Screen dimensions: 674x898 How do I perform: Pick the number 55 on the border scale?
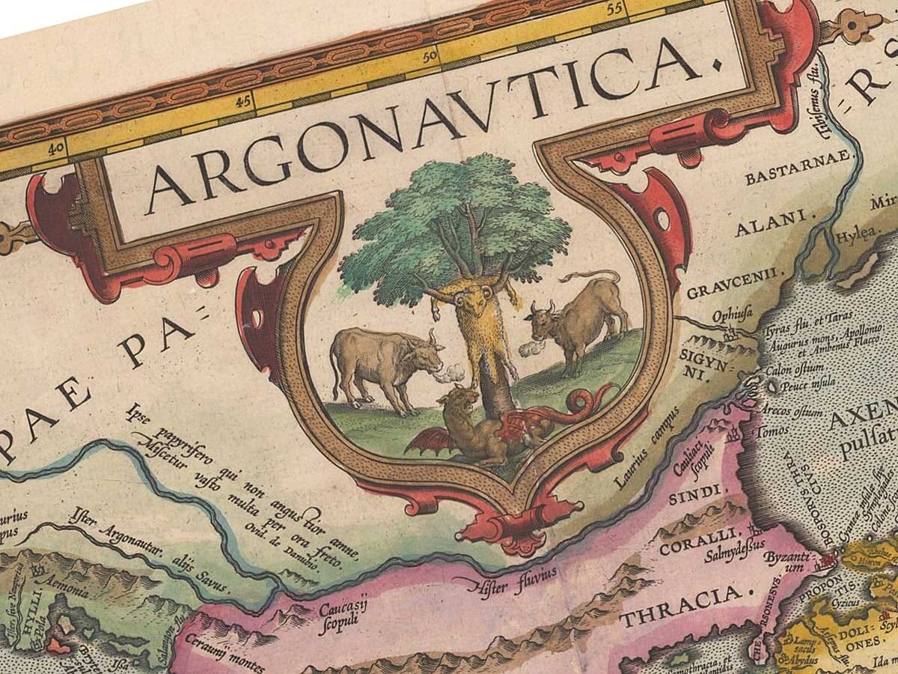point(616,10)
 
